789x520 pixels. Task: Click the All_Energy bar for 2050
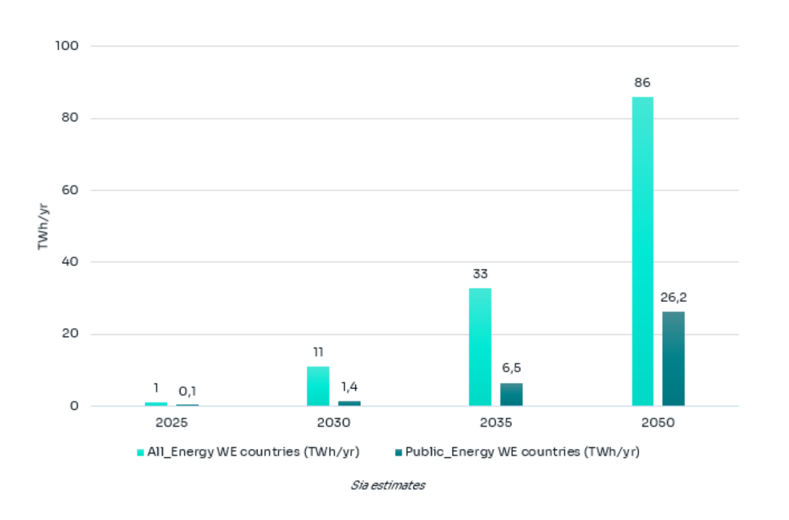642,251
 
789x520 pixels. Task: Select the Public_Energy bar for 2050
673,359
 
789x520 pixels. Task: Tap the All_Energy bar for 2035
480,347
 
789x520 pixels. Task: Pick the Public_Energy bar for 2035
512,394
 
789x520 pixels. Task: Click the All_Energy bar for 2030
318,386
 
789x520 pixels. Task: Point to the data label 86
642,83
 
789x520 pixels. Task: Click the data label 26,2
673,298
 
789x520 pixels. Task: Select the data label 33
480,274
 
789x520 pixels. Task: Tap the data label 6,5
512,368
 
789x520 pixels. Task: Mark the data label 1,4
349,387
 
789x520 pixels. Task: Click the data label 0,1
187,392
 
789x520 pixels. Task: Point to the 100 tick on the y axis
66,46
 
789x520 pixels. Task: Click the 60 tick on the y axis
70,190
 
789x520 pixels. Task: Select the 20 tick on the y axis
70,334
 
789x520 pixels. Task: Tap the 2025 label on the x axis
172,423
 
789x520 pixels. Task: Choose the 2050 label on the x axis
658,423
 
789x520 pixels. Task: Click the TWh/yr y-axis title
43,226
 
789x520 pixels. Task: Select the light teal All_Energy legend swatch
140,452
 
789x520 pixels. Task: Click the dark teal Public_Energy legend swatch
398,452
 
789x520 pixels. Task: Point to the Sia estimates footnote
388,486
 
